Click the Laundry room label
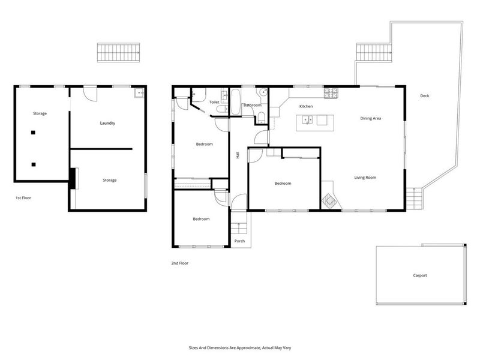[x=107, y=123]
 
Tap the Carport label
[x=419, y=275]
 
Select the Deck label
[x=425, y=96]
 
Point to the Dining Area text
[x=370, y=118]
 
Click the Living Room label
[x=365, y=178]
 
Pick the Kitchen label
[x=306, y=106]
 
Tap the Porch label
[x=239, y=241]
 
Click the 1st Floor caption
[x=23, y=198]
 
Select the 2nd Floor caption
[x=179, y=263]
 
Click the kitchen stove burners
[x=331, y=93]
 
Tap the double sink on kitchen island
[x=307, y=119]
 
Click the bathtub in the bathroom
[x=235, y=102]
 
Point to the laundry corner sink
[x=139, y=92]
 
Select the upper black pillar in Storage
[x=33, y=133]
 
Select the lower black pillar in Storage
[x=34, y=164]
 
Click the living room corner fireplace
[x=329, y=201]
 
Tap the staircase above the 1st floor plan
[x=118, y=53]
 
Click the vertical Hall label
[x=238, y=155]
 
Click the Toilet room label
[x=214, y=102]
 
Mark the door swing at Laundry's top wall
[x=91, y=94]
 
